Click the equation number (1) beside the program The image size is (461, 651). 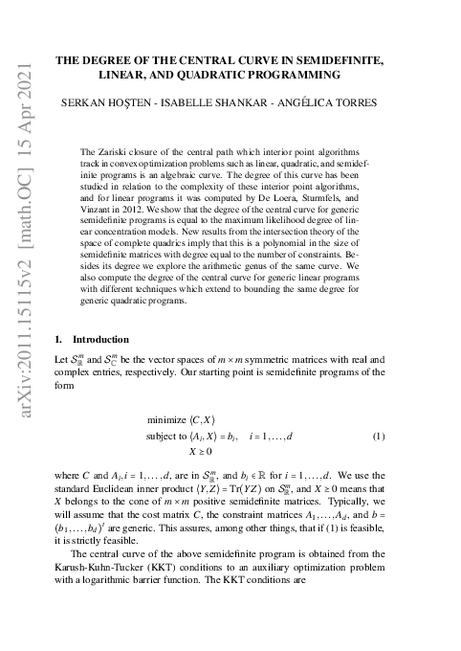[379, 437]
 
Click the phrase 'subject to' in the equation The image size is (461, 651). [167, 437]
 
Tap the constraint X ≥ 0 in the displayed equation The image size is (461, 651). [200, 451]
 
